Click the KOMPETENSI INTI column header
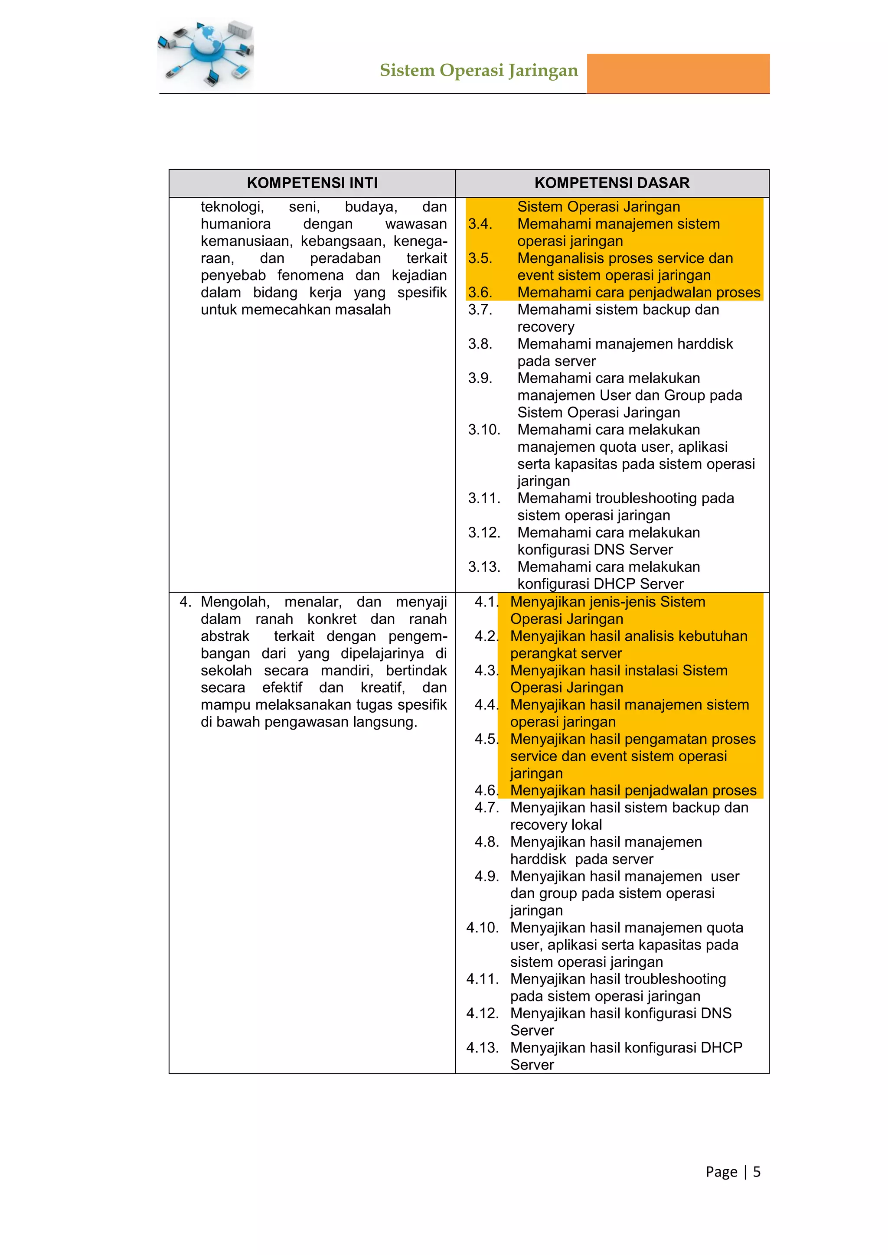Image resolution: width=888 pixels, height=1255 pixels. pyautogui.click(x=312, y=183)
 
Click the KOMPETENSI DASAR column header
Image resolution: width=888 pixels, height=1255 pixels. pyautogui.click(x=612, y=183)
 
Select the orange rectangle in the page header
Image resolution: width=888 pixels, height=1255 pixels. pyautogui.click(x=678, y=73)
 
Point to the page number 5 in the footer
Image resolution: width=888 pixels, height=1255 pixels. pyautogui.click(x=757, y=1171)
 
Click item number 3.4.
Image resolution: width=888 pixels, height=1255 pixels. pyautogui.click(x=480, y=224)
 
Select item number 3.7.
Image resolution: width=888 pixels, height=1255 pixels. pyautogui.click(x=480, y=310)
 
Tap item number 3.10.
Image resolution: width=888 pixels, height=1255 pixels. pyautogui.click(x=484, y=430)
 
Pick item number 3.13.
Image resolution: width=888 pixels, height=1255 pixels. pyautogui.click(x=484, y=567)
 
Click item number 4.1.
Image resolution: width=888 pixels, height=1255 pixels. pyautogui.click(x=486, y=602)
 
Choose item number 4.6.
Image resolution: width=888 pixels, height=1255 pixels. pyautogui.click(x=486, y=790)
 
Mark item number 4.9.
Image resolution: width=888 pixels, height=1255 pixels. pyautogui.click(x=486, y=876)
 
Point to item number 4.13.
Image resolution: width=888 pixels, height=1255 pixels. pyautogui.click(x=482, y=1047)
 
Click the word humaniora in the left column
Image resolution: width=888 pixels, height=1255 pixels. pyautogui.click(x=236, y=224)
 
